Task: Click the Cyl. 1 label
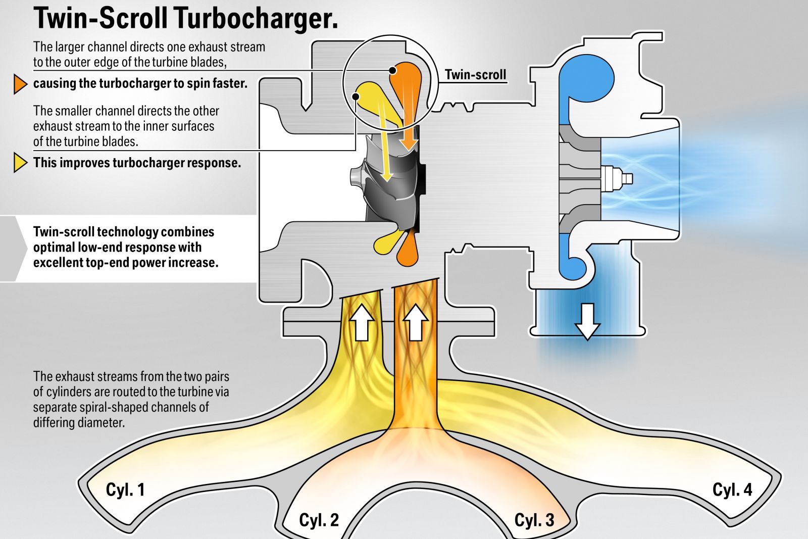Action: tap(125, 489)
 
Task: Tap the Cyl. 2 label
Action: tap(319, 520)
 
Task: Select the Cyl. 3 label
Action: tap(534, 520)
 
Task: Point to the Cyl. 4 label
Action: tap(732, 489)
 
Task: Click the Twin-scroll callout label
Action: tap(475, 75)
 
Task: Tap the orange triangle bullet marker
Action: tap(20, 84)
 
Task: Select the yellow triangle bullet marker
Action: tap(20, 163)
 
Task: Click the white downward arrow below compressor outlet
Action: tap(587, 321)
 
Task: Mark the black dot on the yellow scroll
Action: tap(357, 96)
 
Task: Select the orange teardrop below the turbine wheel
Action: tap(408, 250)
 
